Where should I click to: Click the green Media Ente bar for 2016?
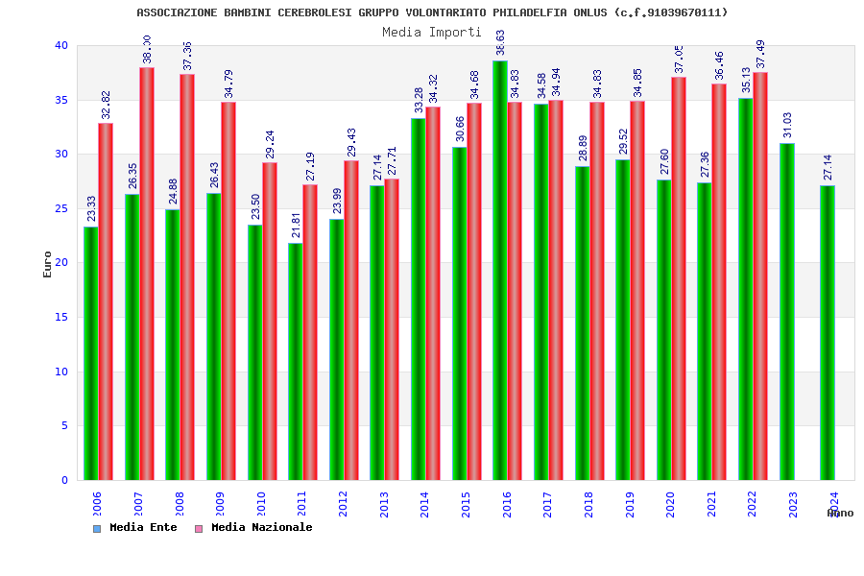(x=499, y=270)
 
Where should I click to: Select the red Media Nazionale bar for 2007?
(x=147, y=274)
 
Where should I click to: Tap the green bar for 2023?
(x=786, y=311)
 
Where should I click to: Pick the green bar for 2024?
(x=827, y=332)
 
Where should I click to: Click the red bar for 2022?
(x=760, y=276)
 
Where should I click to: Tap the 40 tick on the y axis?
(x=61, y=45)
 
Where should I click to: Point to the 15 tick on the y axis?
(x=61, y=317)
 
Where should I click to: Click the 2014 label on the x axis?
(x=425, y=505)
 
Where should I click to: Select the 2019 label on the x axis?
(x=630, y=505)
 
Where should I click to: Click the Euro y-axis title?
(x=48, y=264)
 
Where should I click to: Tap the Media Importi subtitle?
(x=432, y=32)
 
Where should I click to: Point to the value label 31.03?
(x=787, y=126)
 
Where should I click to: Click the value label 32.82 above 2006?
(x=106, y=105)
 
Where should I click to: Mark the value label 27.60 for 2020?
(x=664, y=161)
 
